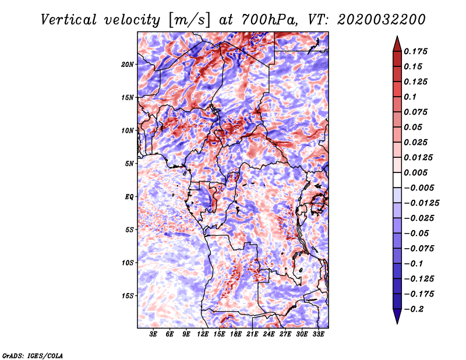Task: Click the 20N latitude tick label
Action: coord(128,65)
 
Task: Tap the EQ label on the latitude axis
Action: coord(129,197)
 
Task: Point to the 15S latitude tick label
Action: coord(128,296)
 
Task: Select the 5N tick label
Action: coord(129,164)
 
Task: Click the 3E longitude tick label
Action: coord(153,334)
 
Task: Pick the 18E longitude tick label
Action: coord(236,334)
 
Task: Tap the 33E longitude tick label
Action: coord(318,334)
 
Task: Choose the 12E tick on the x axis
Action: coord(203,334)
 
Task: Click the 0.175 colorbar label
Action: coord(415,51)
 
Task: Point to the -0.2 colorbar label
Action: coord(414,309)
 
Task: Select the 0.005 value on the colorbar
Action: coord(415,172)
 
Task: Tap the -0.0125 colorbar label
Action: coord(421,203)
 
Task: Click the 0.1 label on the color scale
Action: coord(410,97)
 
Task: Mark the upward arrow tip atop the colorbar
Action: coord(397,36)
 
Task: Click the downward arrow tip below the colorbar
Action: coord(397,323)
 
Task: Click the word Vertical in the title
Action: coord(69,20)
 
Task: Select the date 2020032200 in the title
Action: coord(382,20)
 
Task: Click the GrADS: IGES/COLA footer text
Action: coord(33,356)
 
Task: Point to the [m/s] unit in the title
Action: coord(189,20)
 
